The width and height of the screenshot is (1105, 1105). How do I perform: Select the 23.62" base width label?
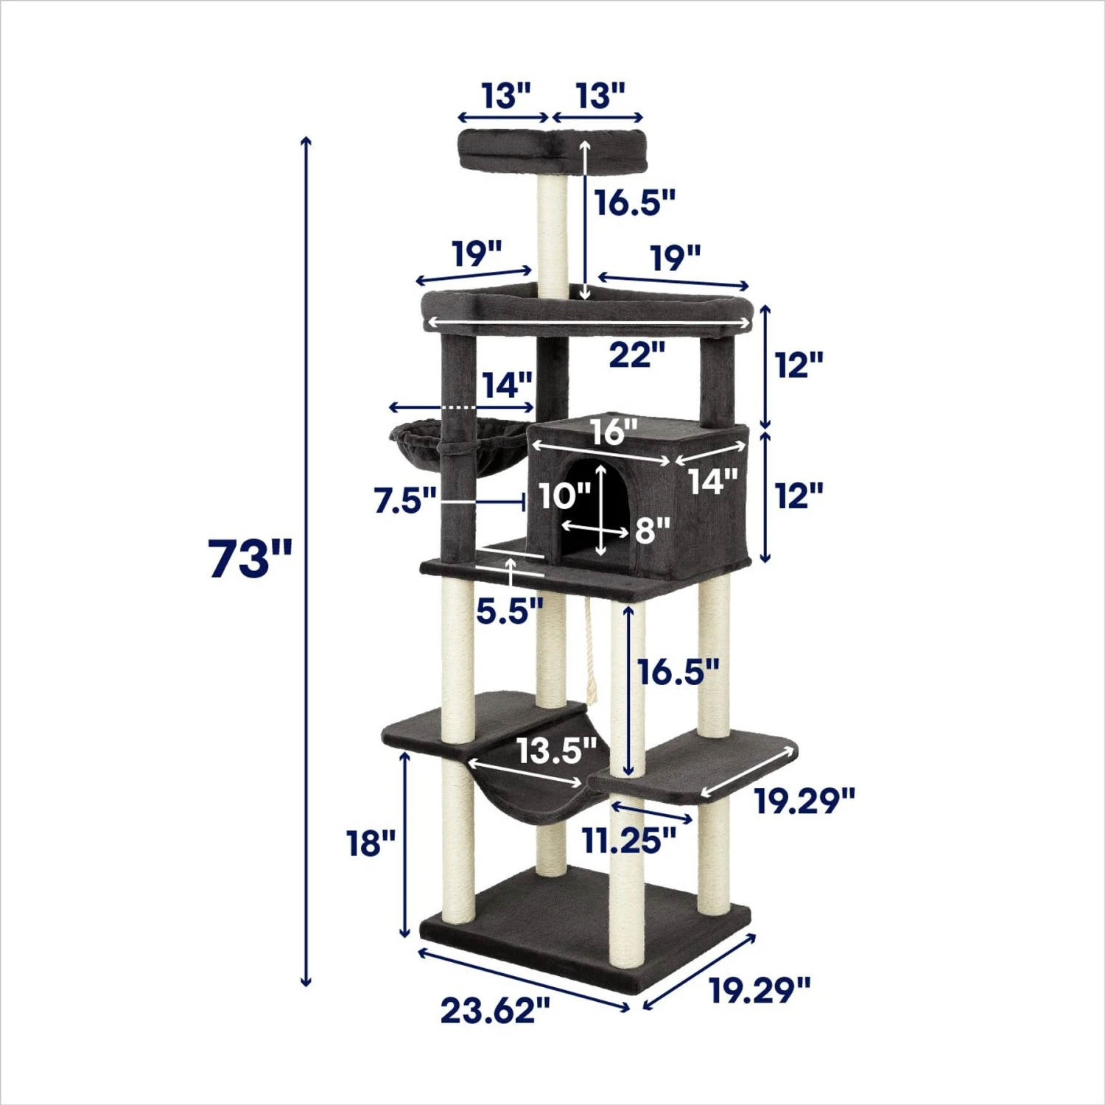click(x=496, y=1010)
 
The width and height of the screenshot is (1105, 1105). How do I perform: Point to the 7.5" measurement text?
click(x=405, y=501)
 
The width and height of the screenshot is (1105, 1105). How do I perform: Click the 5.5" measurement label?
click(x=509, y=611)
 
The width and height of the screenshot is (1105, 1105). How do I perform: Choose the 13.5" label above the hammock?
click(x=556, y=751)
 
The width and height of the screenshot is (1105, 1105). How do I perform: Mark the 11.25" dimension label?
click(x=629, y=840)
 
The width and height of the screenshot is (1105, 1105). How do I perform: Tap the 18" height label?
click(x=371, y=843)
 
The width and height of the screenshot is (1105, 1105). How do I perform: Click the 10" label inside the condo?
click(x=564, y=496)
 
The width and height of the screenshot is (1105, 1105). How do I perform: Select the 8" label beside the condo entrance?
click(x=653, y=529)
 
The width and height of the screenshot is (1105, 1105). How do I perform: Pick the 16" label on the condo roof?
click(x=613, y=432)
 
